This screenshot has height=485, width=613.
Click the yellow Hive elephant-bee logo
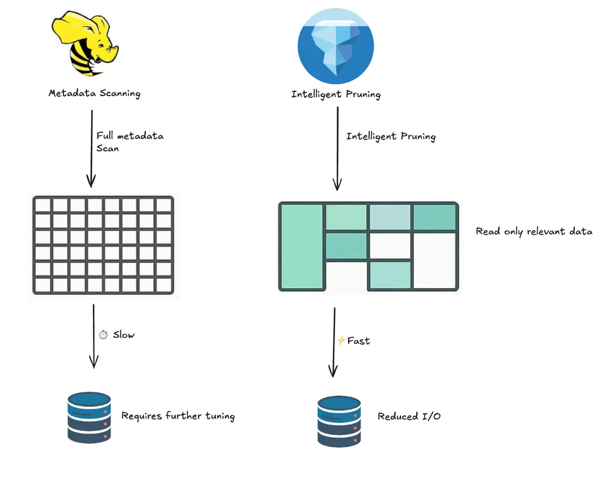[x=84, y=44]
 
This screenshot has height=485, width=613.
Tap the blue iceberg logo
[x=336, y=46]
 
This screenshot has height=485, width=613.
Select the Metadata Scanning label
[x=95, y=93]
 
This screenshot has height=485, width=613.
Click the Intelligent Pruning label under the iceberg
[x=336, y=94]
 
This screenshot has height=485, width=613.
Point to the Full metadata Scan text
[x=129, y=142]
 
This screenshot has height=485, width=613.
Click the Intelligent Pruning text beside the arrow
[x=391, y=136]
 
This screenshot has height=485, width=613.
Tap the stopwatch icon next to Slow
[x=103, y=335]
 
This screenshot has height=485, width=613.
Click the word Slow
[x=124, y=335]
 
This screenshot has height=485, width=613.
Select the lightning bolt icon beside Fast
[x=341, y=340]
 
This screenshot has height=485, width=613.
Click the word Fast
[x=359, y=341]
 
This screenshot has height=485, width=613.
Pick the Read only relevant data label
[x=534, y=231]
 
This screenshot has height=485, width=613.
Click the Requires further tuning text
[x=178, y=416]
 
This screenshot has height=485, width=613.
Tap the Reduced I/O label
[x=409, y=416]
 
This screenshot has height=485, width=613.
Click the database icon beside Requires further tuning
[x=89, y=418]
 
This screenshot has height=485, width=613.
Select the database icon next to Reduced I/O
[x=339, y=421]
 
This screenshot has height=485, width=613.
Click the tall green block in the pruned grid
[x=301, y=246]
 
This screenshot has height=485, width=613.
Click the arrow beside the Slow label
[x=94, y=336]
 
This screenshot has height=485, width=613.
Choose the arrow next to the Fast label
[x=334, y=343]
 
